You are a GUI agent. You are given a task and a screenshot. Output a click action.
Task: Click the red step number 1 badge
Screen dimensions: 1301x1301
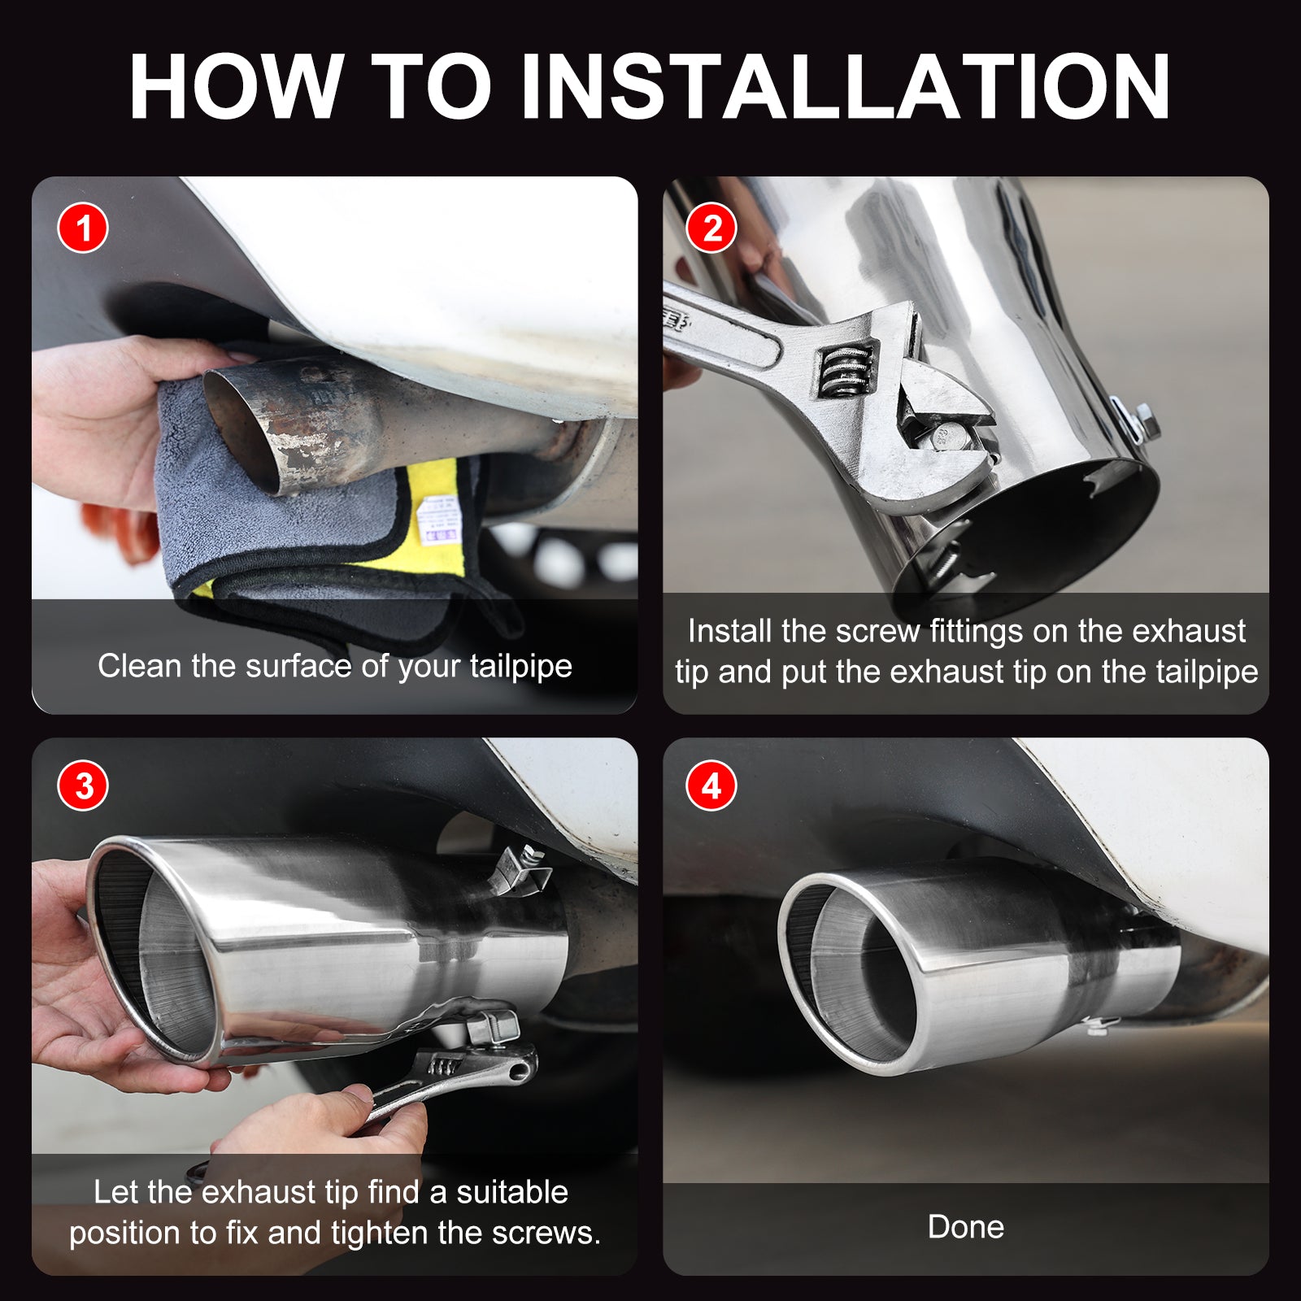pyautogui.click(x=83, y=228)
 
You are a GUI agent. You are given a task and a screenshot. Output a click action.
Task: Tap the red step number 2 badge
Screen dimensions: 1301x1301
pyautogui.click(x=711, y=228)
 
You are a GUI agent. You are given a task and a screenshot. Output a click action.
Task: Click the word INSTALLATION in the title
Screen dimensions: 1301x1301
pyautogui.click(x=846, y=86)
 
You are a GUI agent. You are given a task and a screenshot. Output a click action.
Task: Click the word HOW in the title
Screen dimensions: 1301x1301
pyautogui.click(x=236, y=86)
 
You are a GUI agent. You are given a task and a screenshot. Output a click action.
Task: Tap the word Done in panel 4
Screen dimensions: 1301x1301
pyautogui.click(x=966, y=1227)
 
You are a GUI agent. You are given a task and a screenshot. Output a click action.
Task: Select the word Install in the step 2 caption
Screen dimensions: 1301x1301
pyautogui.click(x=730, y=631)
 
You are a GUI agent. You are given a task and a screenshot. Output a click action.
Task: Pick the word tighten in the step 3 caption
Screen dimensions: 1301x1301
pyautogui.click(x=380, y=1234)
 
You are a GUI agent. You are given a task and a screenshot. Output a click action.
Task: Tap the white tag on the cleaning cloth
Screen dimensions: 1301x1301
pyautogui.click(x=437, y=520)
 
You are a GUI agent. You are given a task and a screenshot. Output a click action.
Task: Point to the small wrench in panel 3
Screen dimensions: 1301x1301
pyautogui.click(x=443, y=1081)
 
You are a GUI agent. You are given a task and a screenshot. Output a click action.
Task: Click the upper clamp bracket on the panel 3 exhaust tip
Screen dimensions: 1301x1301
pyautogui.click(x=520, y=871)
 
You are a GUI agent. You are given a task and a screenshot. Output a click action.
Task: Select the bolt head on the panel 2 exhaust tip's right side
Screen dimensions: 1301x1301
pyautogui.click(x=1143, y=422)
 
